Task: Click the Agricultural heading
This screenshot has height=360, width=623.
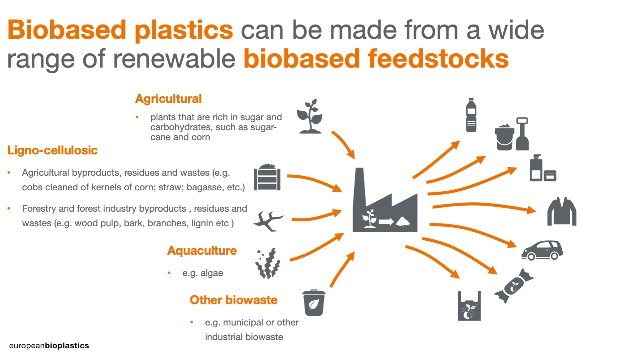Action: click(168, 99)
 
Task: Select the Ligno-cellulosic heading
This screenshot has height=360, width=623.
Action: click(52, 150)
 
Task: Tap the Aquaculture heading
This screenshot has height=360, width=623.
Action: click(202, 251)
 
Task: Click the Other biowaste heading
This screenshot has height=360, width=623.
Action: click(234, 300)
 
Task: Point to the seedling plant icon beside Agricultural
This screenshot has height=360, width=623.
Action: click(310, 116)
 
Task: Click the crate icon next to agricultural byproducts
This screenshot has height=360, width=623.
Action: click(267, 177)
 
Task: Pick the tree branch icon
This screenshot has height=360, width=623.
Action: click(268, 221)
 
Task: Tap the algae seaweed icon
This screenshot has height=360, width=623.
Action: click(268, 263)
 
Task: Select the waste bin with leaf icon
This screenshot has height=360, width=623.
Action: click(314, 303)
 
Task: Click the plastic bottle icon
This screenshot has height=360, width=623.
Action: click(471, 115)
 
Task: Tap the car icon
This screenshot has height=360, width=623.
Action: click(542, 250)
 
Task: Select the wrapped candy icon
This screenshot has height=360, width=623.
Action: click(514, 286)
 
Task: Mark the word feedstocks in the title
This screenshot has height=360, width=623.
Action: click(438, 59)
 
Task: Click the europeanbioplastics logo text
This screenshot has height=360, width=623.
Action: click(49, 345)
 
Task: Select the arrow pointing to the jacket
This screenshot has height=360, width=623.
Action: click(484, 206)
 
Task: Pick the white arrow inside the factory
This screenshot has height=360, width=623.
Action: click(386, 222)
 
